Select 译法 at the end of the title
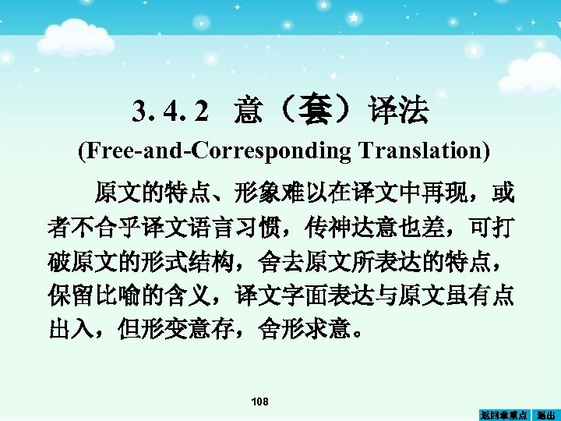400,113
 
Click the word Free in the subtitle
104,150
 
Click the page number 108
259,402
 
